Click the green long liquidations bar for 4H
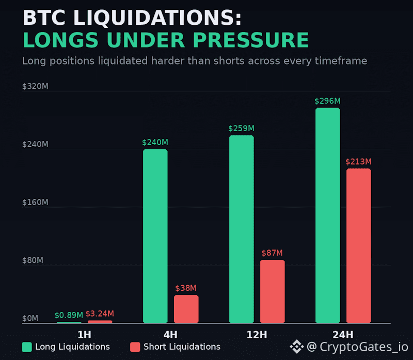click(155, 236)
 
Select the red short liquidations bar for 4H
click(186, 309)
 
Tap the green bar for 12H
click(242, 229)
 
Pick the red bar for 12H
click(273, 291)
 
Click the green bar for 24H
click(328, 215)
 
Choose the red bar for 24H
click(358, 246)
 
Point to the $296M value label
click(327, 101)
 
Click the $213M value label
click(358, 162)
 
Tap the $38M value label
click(186, 288)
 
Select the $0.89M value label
click(69, 315)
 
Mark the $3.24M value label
click(100, 314)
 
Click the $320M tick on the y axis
click(35, 86)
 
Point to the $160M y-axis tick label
click(35, 202)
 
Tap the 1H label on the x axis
click(84, 335)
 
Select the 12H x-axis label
click(257, 335)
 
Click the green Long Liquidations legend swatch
click(27, 347)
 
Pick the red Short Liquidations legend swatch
click(135, 347)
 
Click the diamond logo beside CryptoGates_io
click(297, 347)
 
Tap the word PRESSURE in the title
click(251, 40)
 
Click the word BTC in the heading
click(44, 18)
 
